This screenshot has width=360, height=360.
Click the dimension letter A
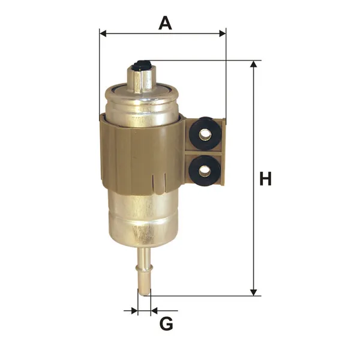pyautogui.click(x=165, y=23)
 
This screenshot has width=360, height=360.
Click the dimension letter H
pyautogui.click(x=265, y=178)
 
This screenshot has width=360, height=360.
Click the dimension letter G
pyautogui.click(x=166, y=324)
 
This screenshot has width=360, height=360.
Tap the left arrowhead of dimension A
pyautogui.click(x=103, y=33)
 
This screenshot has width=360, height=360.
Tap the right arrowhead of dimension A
pyautogui.click(x=223, y=33)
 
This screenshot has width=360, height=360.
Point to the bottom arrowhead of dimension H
pyautogui.click(x=253, y=293)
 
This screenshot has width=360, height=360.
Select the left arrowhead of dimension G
pyautogui.click(x=134, y=311)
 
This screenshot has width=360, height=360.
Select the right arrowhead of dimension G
pyautogui.click(x=154, y=311)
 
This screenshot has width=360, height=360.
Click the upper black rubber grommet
pyautogui.click(x=205, y=134)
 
